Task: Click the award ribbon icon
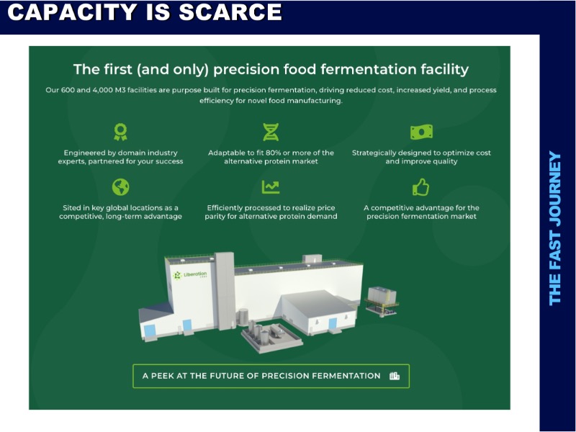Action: (x=120, y=132)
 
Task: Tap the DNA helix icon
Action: (x=271, y=132)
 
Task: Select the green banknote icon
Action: (x=421, y=132)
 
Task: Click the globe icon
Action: (x=120, y=187)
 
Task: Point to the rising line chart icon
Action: (x=271, y=187)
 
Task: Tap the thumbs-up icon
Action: (x=421, y=187)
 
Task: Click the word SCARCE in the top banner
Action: (x=230, y=12)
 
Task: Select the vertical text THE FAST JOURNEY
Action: (x=555, y=228)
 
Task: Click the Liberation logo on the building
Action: (x=190, y=275)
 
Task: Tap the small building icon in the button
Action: (x=395, y=376)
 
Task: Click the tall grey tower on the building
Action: (x=225, y=290)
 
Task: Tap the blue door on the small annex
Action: (x=333, y=323)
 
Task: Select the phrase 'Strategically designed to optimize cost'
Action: (x=421, y=153)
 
